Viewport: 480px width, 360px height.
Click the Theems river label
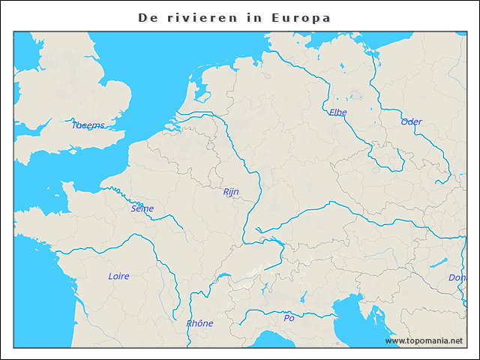(x=88, y=125)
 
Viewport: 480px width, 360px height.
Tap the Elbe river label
(x=337, y=112)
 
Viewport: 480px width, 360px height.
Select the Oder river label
(x=411, y=121)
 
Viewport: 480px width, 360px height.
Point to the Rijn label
(x=231, y=192)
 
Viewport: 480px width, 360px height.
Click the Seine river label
(x=142, y=208)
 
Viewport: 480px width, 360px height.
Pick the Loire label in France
(x=118, y=276)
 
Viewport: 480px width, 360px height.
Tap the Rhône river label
(x=199, y=323)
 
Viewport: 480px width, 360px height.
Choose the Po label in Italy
(x=289, y=318)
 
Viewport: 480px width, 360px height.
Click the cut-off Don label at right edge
(x=457, y=277)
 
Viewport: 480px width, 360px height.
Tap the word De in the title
(x=148, y=17)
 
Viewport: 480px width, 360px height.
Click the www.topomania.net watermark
(x=424, y=340)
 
